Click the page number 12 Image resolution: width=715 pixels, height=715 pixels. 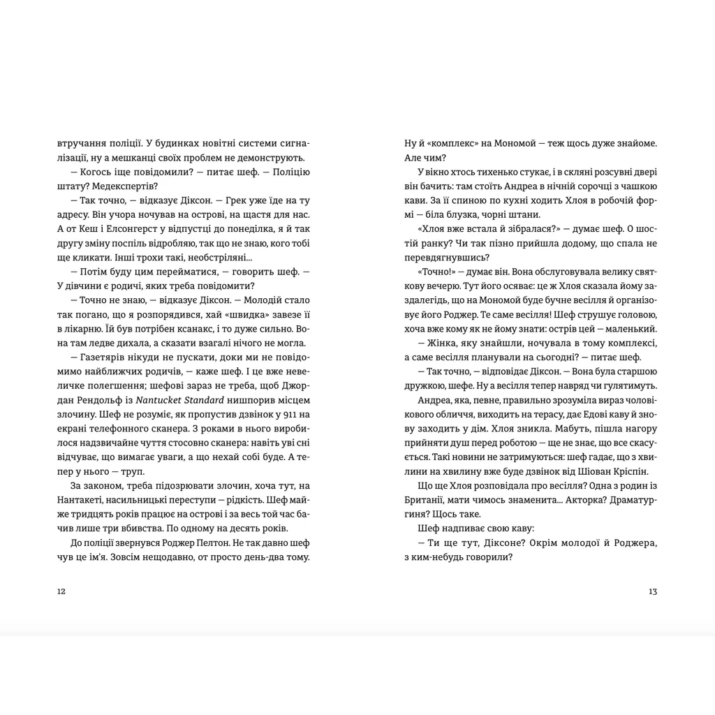click(61, 591)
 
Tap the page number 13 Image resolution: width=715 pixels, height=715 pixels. click(653, 591)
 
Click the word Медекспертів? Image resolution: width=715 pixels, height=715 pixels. click(134, 186)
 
